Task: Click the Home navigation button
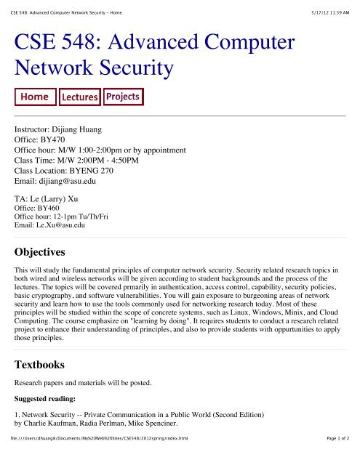click(35, 97)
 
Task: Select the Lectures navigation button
click(79, 97)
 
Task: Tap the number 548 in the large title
click(97, 41)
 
